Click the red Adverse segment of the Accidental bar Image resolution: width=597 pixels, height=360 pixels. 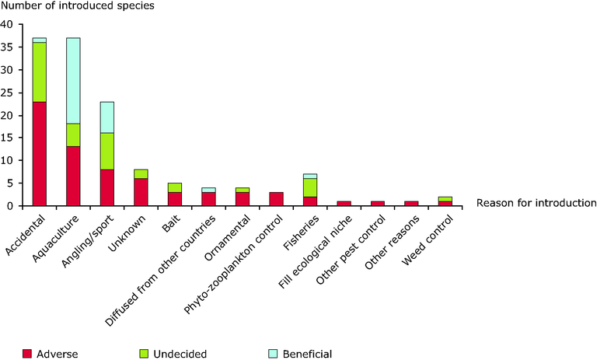coord(39,154)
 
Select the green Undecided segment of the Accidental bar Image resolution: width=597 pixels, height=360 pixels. coord(39,72)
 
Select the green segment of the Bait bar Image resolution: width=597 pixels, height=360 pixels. coord(175,187)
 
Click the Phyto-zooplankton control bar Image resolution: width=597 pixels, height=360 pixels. coord(277,199)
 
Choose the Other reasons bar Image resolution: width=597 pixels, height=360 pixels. coord(412,203)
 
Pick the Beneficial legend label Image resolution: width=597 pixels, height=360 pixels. coord(305,354)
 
